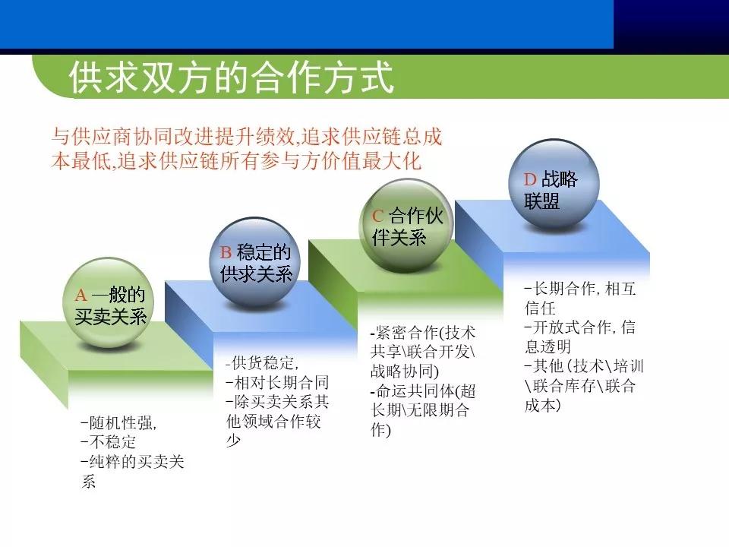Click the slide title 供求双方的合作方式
coord(232,77)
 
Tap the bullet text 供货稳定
coord(261,362)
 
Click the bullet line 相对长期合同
coord(277,382)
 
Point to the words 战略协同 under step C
coord(400,372)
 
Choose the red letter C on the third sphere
coord(377,216)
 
